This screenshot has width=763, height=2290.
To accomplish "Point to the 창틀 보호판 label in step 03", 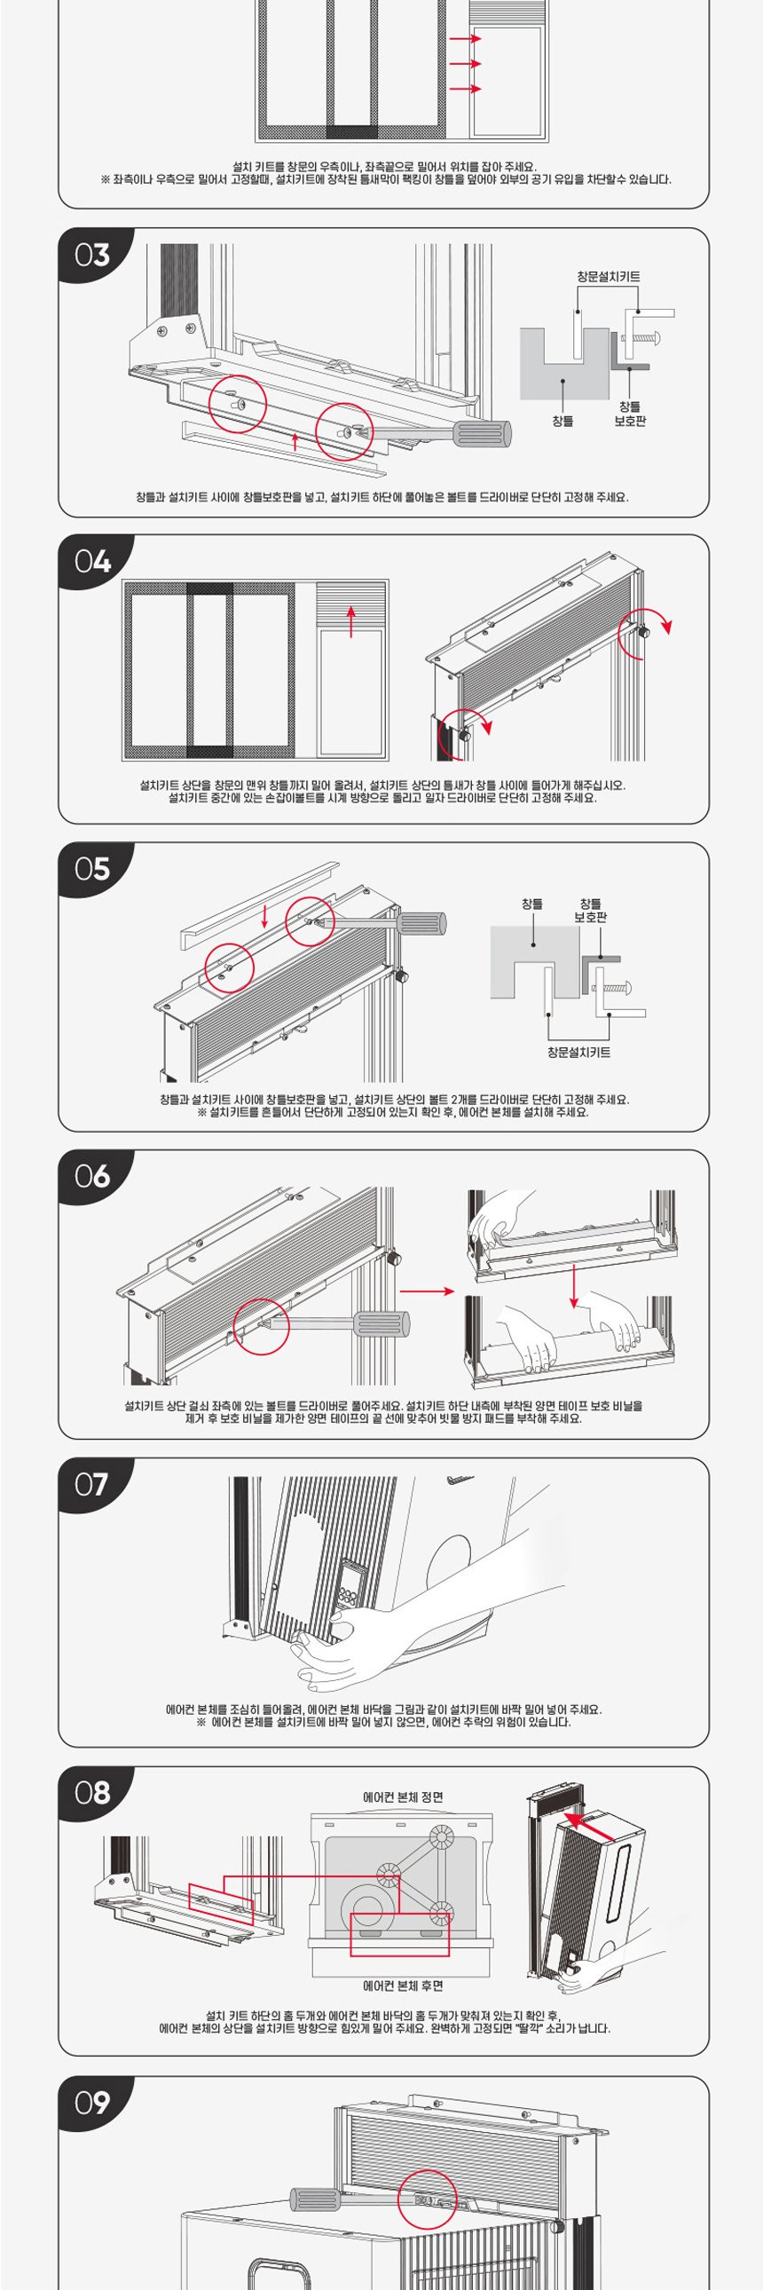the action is (630, 414).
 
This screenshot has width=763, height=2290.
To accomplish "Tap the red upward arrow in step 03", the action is (295, 441).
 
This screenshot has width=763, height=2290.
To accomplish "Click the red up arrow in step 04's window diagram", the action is (351, 621).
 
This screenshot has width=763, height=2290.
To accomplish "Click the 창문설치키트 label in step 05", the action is (578, 1053).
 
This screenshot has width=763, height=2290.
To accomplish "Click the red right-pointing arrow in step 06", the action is (427, 1291).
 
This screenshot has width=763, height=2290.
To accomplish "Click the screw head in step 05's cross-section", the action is (628, 988).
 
